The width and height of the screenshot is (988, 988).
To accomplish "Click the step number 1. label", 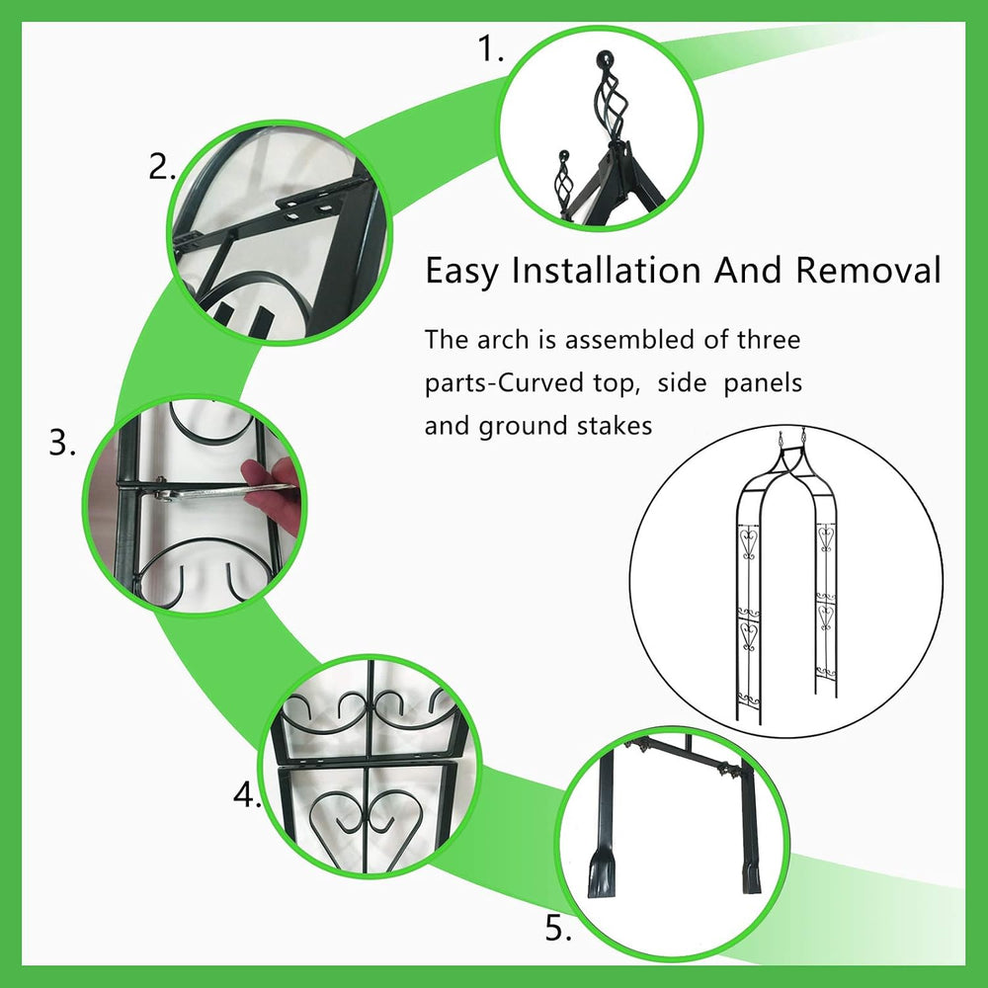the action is pyautogui.click(x=491, y=48).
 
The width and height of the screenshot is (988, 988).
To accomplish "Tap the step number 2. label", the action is pyautogui.click(x=162, y=167).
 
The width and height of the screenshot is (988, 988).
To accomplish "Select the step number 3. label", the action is pyautogui.click(x=62, y=443).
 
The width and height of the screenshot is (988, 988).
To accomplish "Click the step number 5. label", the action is pyautogui.click(x=558, y=928).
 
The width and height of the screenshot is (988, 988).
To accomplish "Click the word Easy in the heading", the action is pyautogui.click(x=461, y=272).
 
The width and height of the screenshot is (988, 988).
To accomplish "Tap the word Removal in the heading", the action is pyautogui.click(x=867, y=270).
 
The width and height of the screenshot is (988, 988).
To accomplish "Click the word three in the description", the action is pyautogui.click(x=769, y=340).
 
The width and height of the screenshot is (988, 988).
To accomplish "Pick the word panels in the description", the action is pyautogui.click(x=763, y=383).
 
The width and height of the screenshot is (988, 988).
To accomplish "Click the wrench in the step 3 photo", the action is pyautogui.click(x=220, y=491).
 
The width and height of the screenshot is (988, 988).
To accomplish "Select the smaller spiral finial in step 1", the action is pyautogui.click(x=562, y=177).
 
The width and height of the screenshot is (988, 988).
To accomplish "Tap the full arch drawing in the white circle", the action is pyautogui.click(x=787, y=577).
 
